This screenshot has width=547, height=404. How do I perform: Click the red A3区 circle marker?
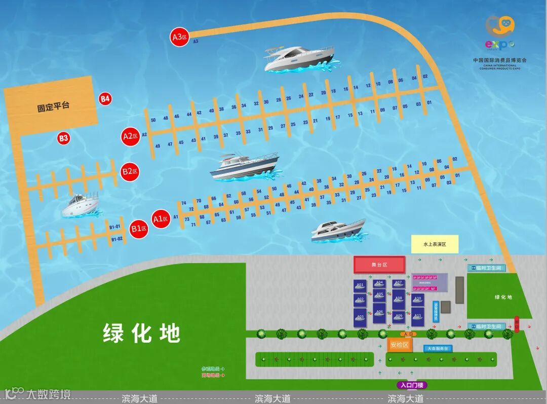pos(179,37)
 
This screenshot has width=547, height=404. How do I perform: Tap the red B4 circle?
pos(105,99)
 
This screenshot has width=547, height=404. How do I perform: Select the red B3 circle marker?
pos(63,137)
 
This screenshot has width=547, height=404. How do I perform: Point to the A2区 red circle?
pos(130,136)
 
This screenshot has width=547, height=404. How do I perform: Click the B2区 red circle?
pos(130,171)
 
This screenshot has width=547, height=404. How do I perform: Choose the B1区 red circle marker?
pos(138,229)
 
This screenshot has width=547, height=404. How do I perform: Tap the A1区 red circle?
pos(161,219)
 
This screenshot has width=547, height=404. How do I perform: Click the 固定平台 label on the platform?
pos(53,107)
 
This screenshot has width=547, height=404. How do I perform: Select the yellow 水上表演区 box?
pos(435,244)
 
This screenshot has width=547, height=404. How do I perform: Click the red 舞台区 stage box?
pos(379,265)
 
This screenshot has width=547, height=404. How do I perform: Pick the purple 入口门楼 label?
pos(411,385)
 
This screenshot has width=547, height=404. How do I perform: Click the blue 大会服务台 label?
pos(438,349)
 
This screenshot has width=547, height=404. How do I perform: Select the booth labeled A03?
pos(360,317)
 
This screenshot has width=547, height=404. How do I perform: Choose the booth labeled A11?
pos(417,316)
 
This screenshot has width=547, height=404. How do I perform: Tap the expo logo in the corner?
pos(499,33)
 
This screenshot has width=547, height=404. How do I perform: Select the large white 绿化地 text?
pos(142,334)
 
